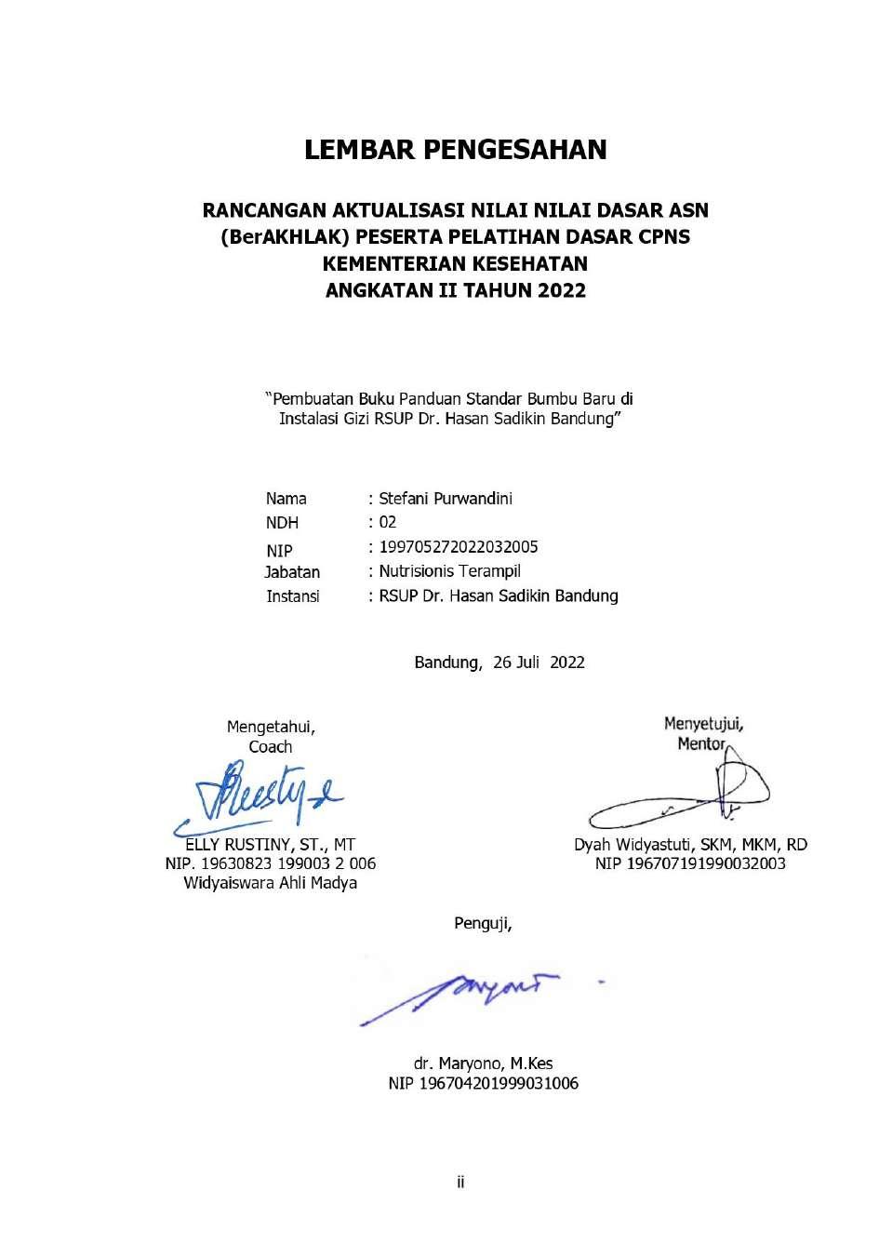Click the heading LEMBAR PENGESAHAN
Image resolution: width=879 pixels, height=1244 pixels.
455,150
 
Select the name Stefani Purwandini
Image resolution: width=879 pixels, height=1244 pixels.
445,498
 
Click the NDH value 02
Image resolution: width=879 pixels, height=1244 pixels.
387,522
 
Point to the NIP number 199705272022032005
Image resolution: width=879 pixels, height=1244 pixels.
458,547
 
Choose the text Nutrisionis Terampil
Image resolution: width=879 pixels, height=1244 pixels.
449,571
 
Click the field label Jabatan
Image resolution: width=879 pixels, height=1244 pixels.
292,572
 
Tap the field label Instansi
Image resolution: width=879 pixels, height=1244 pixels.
293,596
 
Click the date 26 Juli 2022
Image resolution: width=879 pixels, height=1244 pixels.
539,662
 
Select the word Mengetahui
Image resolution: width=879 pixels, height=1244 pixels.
271,727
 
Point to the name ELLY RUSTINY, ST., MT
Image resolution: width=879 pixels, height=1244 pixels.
270,845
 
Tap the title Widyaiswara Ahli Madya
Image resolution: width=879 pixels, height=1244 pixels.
270,883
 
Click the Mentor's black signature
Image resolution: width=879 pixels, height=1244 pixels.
688,793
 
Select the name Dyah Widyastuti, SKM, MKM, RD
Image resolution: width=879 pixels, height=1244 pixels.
690,845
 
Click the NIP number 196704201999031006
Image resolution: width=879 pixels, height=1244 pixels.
483,1083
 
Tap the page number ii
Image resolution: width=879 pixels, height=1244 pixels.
460,1183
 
